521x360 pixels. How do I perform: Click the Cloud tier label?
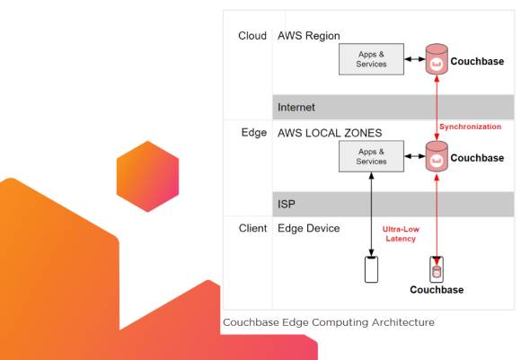tap(252, 36)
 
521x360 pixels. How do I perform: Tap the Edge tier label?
tap(254, 133)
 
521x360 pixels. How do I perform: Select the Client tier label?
tap(252, 228)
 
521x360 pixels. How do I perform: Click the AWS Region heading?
tap(309, 36)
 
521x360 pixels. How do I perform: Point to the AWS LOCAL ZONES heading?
tap(330, 133)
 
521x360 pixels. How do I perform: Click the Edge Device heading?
tap(309, 228)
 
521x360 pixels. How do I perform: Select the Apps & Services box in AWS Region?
tap(371, 59)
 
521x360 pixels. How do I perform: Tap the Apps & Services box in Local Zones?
tap(371, 156)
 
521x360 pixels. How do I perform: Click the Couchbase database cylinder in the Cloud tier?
tap(437, 59)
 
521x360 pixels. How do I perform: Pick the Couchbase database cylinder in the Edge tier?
tap(437, 156)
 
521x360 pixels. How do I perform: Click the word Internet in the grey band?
tap(296, 107)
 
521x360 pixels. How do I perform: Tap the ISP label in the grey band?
tap(286, 204)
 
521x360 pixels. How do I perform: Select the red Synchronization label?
tap(470, 127)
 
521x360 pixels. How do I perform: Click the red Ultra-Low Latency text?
tap(401, 233)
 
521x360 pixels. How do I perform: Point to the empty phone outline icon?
tap(371, 269)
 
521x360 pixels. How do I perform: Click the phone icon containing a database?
tap(437, 269)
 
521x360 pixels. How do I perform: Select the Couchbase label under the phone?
tap(437, 290)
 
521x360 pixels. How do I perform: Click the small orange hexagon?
tap(147, 176)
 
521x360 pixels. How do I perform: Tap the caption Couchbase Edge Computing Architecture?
tap(329, 322)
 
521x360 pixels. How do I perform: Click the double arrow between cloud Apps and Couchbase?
tap(415, 59)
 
